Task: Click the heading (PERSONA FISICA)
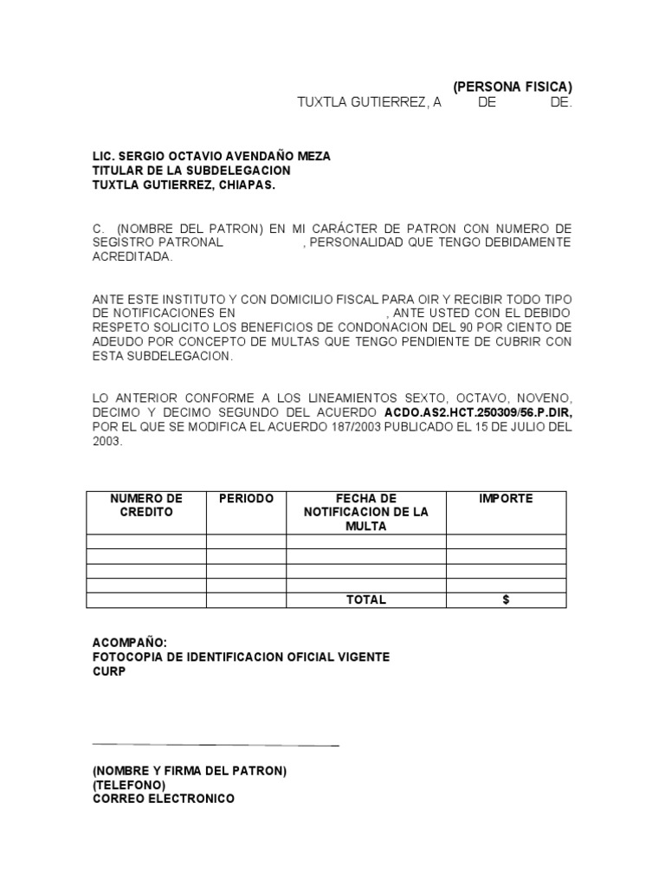pos(512,87)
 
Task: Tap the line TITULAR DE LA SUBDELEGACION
pos(191,171)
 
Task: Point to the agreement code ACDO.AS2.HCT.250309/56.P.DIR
pos(477,412)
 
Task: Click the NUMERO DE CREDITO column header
pos(146,505)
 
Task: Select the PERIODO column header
pos(246,499)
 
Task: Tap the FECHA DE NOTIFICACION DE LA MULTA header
pos(365,512)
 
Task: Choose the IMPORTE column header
pos(506,499)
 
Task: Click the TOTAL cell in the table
pos(365,599)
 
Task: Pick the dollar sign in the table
pos(506,599)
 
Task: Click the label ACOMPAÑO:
pos(129,642)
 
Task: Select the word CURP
pos(109,671)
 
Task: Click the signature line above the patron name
pos(216,745)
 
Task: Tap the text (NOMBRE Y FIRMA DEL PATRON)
pos(190,770)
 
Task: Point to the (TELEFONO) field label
pos(129,785)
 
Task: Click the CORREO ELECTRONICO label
pos(164,799)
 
